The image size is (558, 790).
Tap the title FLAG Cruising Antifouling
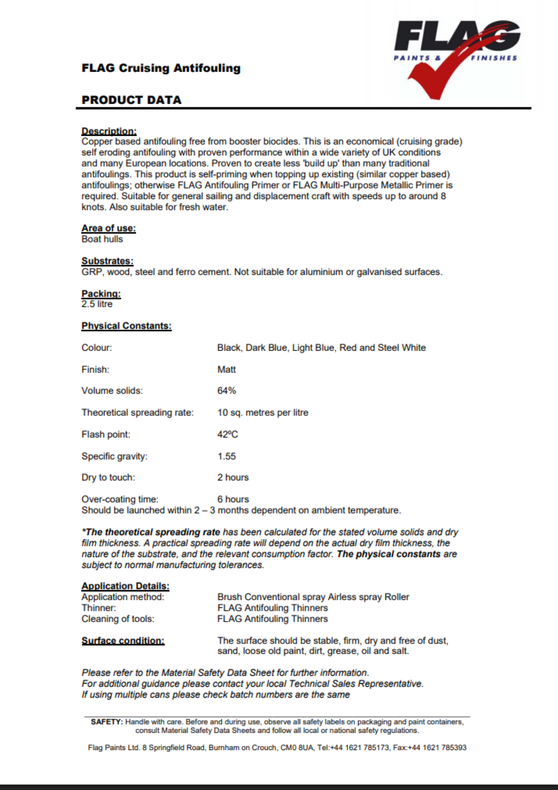pyautogui.click(x=161, y=68)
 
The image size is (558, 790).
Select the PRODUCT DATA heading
pyautogui.click(x=132, y=100)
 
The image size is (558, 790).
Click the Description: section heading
pyautogui.click(x=109, y=131)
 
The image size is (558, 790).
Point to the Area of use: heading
pyautogui.click(x=108, y=228)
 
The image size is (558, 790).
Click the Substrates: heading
pyautogui.click(x=107, y=260)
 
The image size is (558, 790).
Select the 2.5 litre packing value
pyautogui.click(x=97, y=304)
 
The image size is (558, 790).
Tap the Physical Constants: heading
pyautogui.click(x=126, y=325)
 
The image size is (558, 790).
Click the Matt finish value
pyautogui.click(x=226, y=369)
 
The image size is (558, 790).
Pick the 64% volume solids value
pyautogui.click(x=226, y=391)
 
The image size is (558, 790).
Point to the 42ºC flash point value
pyautogui.click(x=227, y=434)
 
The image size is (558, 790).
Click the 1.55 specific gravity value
pyautogui.click(x=226, y=456)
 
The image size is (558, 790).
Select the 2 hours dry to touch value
pyautogui.click(x=233, y=477)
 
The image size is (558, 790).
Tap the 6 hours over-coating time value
pyautogui.click(x=233, y=499)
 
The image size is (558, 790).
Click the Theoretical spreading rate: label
pyautogui.click(x=137, y=412)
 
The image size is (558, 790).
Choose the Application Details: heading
pyautogui.click(x=126, y=585)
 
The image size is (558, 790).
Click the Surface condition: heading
pyautogui.click(x=123, y=640)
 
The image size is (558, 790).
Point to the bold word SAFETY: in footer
pyautogui.click(x=106, y=722)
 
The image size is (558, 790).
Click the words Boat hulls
pyautogui.click(x=102, y=239)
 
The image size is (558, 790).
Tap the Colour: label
pyautogui.click(x=97, y=347)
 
